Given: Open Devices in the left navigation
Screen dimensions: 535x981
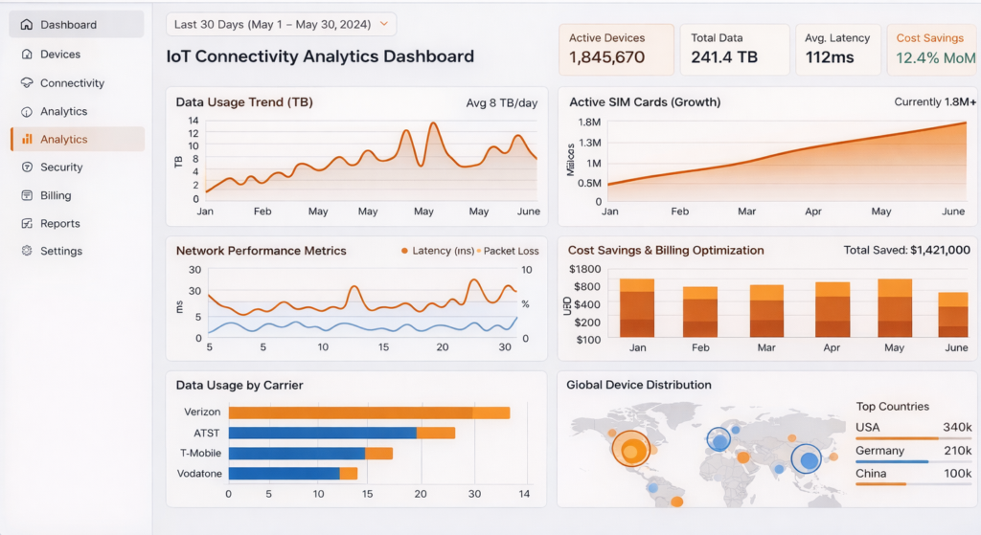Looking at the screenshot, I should [59, 55].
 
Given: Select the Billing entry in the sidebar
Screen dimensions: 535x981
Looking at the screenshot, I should [56, 195].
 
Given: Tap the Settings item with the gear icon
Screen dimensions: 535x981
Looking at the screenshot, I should [60, 251].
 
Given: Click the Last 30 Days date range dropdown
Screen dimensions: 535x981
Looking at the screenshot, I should [281, 24].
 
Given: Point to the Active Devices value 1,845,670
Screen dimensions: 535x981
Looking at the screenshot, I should [606, 57].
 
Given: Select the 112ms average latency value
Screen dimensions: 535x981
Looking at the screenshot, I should [830, 57].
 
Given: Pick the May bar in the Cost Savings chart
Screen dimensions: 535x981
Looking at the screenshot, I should [895, 308].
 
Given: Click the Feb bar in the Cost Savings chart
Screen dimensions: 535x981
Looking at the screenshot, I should [699, 312].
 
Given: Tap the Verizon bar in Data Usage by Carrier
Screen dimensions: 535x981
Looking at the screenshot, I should [369, 412].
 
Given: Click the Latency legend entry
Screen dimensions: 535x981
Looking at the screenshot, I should [444, 251].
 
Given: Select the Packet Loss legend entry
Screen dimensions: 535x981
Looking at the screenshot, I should [510, 251].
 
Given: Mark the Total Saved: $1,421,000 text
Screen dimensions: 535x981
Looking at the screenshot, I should [906, 250].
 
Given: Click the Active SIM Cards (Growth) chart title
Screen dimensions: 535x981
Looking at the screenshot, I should [644, 101].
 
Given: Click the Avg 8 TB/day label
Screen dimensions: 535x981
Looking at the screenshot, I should [501, 102].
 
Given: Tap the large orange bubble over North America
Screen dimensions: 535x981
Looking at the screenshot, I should [630, 447].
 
